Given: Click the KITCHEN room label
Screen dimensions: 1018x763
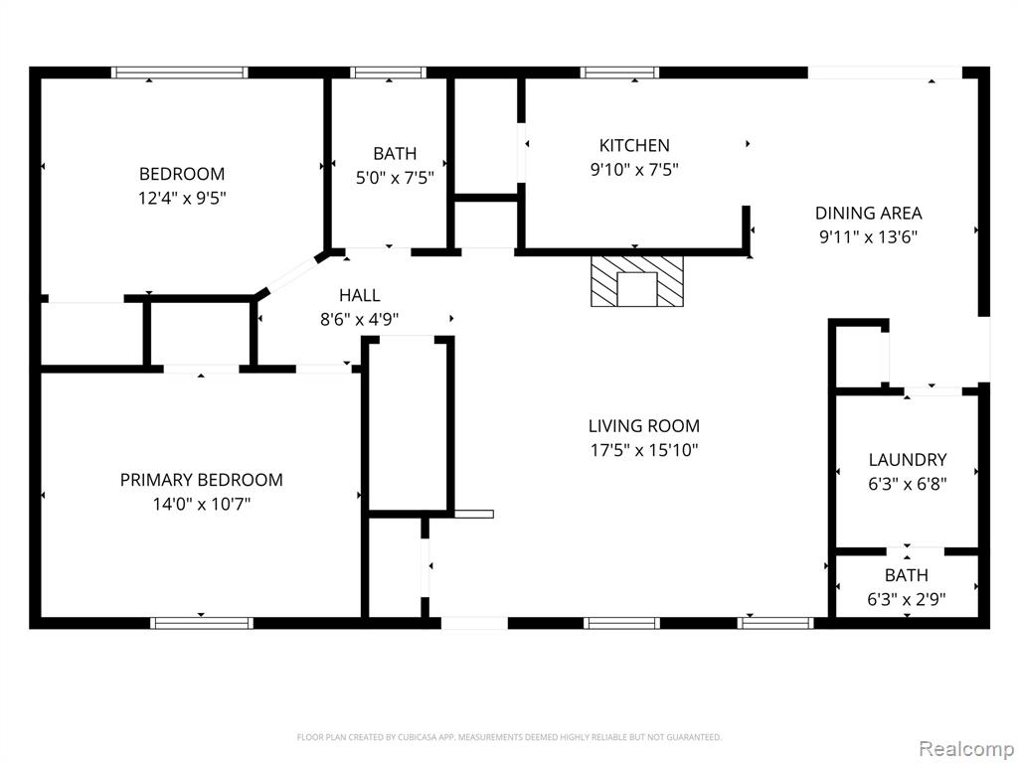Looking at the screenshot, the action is (634, 145).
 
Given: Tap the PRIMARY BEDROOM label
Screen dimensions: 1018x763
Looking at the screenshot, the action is (201, 480).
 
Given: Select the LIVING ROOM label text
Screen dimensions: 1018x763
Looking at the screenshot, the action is (644, 425).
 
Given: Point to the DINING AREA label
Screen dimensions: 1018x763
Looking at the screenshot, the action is (868, 213).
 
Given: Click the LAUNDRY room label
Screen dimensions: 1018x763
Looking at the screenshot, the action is (907, 459).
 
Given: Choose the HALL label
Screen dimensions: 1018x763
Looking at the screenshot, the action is (359, 295).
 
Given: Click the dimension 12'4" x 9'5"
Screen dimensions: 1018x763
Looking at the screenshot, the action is (182, 198).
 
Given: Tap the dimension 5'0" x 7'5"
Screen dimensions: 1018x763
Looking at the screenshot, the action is (395, 178).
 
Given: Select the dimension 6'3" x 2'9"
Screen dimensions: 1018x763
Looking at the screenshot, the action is (907, 599).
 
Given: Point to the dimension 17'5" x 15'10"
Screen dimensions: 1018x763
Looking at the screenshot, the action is (644, 450).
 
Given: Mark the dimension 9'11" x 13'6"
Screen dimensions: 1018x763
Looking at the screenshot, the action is (868, 236).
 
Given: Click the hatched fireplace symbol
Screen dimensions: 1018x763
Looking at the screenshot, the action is (637, 281).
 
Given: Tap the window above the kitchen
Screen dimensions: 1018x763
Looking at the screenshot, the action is (619, 72).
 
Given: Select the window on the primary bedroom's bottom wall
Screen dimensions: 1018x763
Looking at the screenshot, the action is (201, 623).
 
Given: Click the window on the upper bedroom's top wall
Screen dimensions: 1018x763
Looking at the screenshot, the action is (179, 72).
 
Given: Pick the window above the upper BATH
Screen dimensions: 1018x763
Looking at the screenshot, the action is (389, 72).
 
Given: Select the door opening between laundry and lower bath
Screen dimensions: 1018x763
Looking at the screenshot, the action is (907, 550).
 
